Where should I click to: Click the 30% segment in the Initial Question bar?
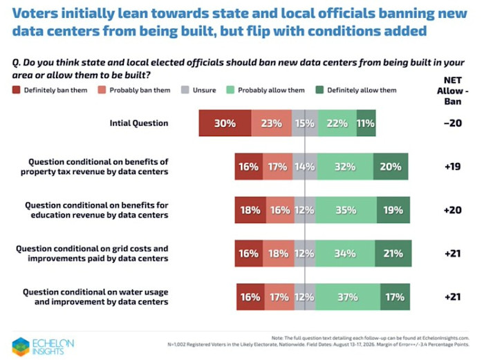[x=225, y=123]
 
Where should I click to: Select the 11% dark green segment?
[x=366, y=123]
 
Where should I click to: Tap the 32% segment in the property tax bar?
[x=345, y=167]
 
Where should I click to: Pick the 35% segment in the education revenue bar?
[x=346, y=210]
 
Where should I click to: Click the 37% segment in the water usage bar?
[x=348, y=296]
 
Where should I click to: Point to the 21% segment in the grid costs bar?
[x=393, y=254]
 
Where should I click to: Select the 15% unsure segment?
[x=305, y=123]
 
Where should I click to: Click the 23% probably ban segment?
[x=271, y=123]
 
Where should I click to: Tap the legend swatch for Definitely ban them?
[x=16, y=90]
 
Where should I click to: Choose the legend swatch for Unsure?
[x=185, y=90]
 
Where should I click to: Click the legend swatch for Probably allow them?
[x=230, y=90]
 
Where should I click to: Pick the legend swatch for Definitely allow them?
[x=319, y=90]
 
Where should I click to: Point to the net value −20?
[x=452, y=123]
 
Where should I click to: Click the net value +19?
[x=452, y=167]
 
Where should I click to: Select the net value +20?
[x=452, y=210]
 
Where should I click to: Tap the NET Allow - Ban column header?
[x=452, y=91]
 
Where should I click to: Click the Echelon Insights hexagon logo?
[x=21, y=346]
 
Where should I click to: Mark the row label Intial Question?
[x=139, y=123]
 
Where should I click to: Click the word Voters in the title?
[x=35, y=13]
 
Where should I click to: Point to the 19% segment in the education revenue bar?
[x=393, y=210]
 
